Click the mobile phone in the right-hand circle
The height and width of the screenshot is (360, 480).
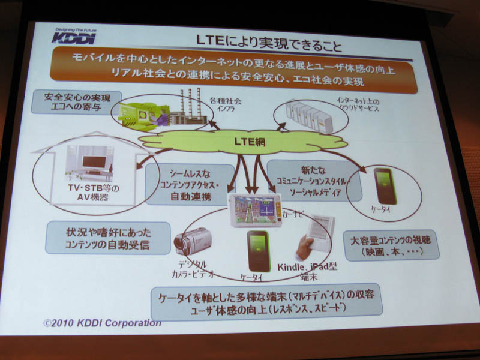[x=383, y=187]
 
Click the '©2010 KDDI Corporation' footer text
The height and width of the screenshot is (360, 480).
[x=102, y=323]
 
